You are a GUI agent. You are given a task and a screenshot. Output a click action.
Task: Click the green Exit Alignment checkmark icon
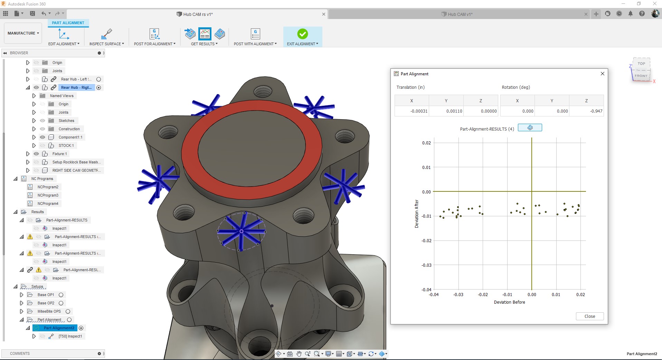point(302,34)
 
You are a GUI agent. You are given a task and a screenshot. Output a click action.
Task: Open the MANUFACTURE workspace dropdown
point(23,33)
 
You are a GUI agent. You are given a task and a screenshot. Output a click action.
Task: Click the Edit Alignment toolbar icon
point(64,34)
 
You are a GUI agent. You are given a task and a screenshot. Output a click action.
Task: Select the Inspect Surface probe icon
point(106,34)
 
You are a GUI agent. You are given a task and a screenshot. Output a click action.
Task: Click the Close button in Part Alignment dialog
point(589,316)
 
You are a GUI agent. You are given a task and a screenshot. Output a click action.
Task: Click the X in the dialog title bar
point(602,74)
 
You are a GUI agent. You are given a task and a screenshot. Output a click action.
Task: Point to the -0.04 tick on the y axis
point(426,290)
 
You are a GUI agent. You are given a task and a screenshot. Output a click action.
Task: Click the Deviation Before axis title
point(509,302)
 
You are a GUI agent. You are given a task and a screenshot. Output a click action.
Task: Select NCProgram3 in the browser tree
point(48,195)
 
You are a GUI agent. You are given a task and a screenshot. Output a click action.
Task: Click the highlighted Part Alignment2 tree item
point(59,328)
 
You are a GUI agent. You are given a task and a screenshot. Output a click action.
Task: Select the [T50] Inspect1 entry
point(70,336)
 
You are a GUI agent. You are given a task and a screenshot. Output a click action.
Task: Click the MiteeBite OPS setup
point(49,311)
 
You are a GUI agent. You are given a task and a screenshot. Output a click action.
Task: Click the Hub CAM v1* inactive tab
point(460,14)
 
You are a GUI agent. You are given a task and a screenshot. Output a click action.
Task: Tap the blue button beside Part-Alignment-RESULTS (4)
point(530,128)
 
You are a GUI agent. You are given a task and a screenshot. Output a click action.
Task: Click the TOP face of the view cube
point(641,64)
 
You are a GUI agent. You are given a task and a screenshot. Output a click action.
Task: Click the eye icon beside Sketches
point(42,121)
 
